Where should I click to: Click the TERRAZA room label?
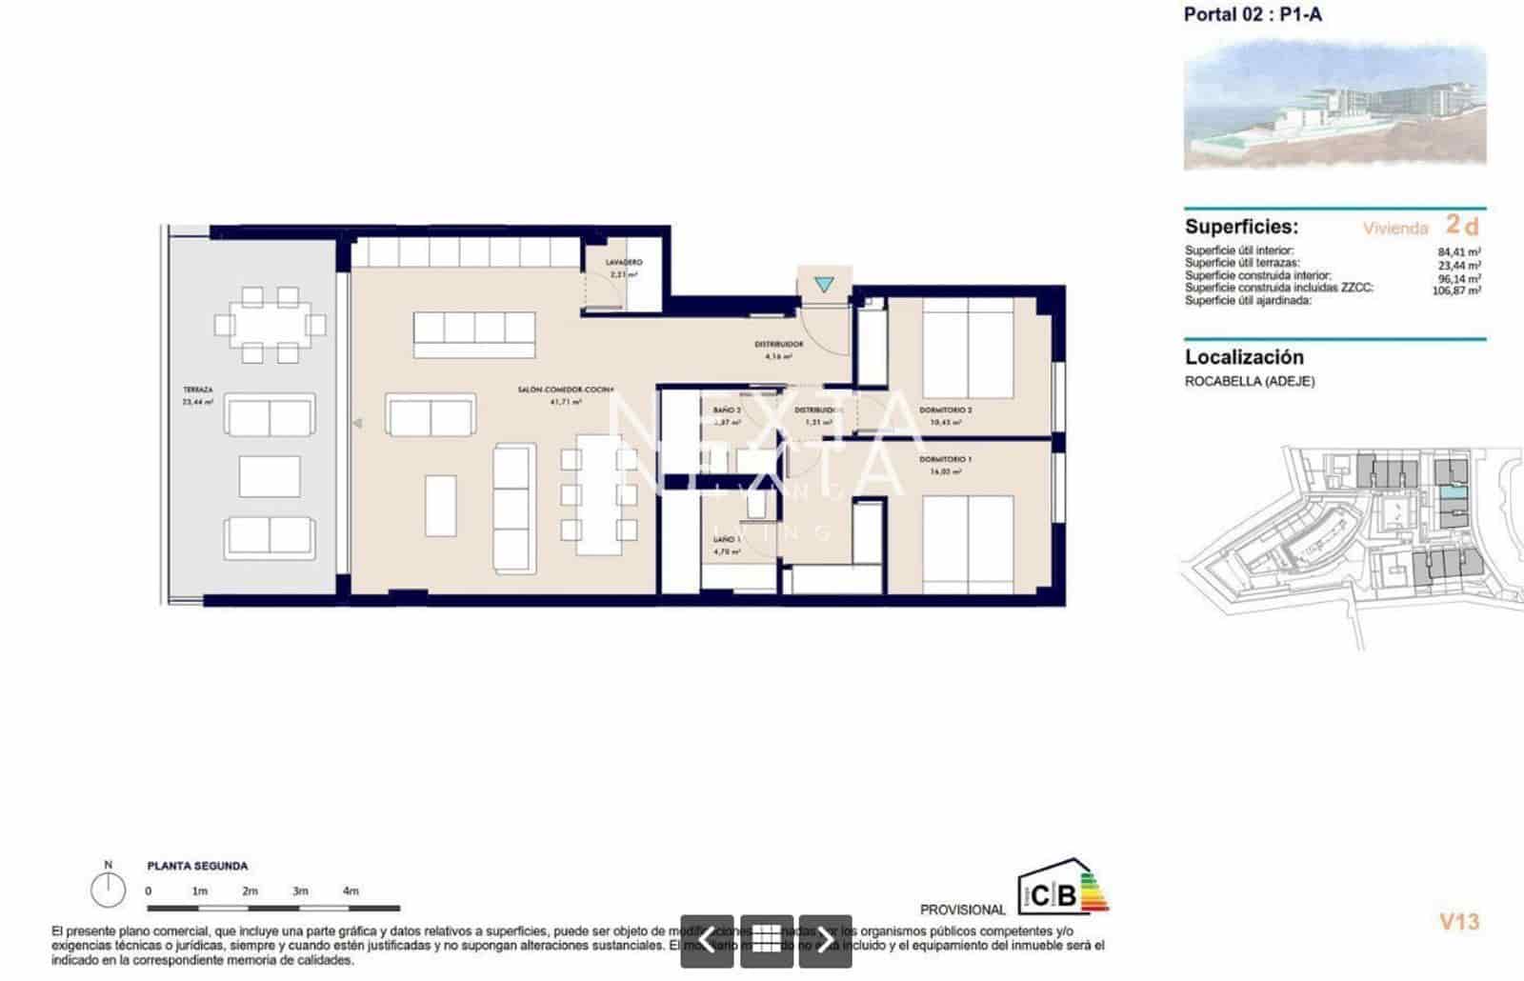[x=198, y=390]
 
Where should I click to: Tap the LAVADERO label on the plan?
[x=624, y=262]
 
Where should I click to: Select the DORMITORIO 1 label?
[x=945, y=459]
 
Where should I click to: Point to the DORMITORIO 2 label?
[x=945, y=410]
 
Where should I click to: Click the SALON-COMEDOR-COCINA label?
[x=566, y=390]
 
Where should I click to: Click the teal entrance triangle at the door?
[x=824, y=285]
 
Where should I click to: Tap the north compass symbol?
[x=108, y=890]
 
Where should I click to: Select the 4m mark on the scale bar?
[x=351, y=891]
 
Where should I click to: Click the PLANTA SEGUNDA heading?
[x=197, y=866]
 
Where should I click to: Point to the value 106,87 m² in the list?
[x=1456, y=291]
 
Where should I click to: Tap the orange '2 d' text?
[x=1462, y=226]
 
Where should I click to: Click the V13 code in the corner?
[x=1458, y=921]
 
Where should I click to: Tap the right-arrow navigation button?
[x=825, y=941]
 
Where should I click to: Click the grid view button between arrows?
[x=766, y=941]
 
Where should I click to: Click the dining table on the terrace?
[x=270, y=325]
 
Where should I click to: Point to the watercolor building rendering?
[x=1333, y=105]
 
